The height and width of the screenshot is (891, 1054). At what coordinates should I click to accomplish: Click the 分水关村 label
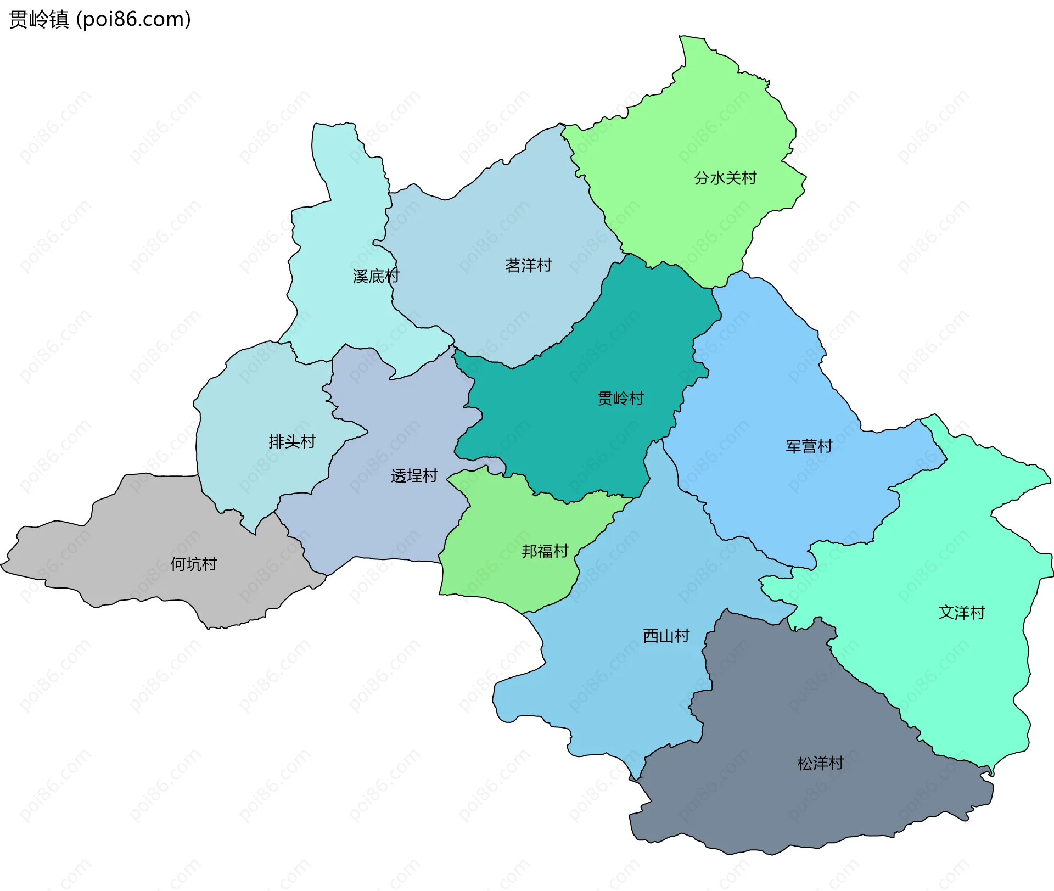pyautogui.click(x=725, y=178)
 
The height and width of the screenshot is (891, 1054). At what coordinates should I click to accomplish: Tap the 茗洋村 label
pyautogui.click(x=528, y=266)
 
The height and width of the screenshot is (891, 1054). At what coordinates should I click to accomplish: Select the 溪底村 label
pyautogui.click(x=375, y=276)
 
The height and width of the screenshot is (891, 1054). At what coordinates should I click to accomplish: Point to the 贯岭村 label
pyautogui.click(x=620, y=398)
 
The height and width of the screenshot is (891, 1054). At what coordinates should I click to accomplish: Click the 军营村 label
pyautogui.click(x=809, y=446)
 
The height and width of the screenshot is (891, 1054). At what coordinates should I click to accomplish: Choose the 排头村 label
pyautogui.click(x=292, y=441)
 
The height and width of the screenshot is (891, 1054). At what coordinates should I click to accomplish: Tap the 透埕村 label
pyautogui.click(x=414, y=475)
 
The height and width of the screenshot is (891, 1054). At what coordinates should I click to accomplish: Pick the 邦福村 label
pyautogui.click(x=545, y=551)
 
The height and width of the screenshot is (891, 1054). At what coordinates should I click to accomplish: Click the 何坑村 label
pyautogui.click(x=193, y=564)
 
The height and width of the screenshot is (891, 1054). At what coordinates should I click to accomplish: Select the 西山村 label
pyautogui.click(x=666, y=636)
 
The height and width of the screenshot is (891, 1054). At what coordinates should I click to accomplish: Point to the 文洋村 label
pyautogui.click(x=962, y=612)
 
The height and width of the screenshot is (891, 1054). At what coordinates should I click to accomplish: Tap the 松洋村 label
pyautogui.click(x=820, y=763)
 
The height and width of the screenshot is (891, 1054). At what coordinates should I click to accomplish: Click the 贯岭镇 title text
pyautogui.click(x=39, y=19)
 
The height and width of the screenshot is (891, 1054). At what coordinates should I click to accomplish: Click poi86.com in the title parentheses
pyautogui.click(x=133, y=19)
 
